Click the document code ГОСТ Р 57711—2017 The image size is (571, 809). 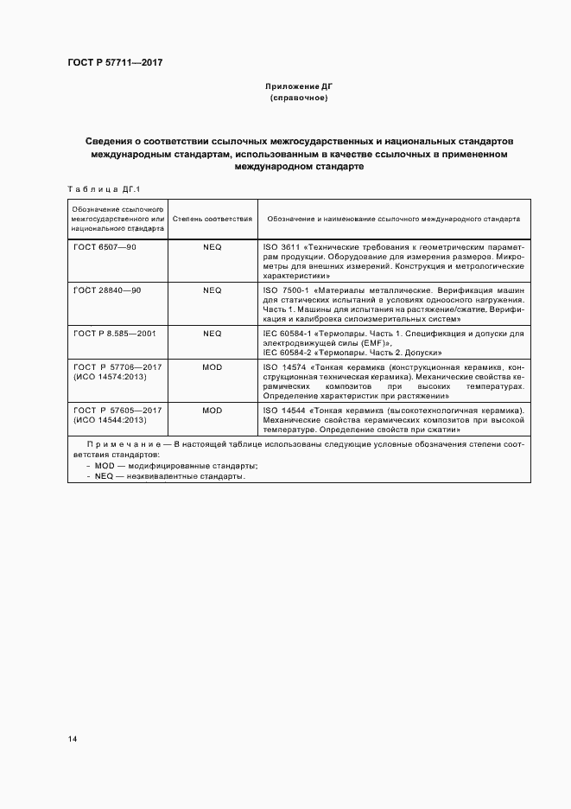pos(114,62)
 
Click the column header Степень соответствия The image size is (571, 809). pos(213,220)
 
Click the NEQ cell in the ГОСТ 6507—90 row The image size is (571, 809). pos(213,246)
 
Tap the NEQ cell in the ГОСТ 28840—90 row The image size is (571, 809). pos(213,290)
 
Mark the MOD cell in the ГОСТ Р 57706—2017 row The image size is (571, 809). pos(213,367)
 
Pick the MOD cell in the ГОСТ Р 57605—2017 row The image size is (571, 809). pos(213,410)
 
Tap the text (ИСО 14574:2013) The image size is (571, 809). pos(110,378)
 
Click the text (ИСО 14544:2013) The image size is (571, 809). pos(110,420)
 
